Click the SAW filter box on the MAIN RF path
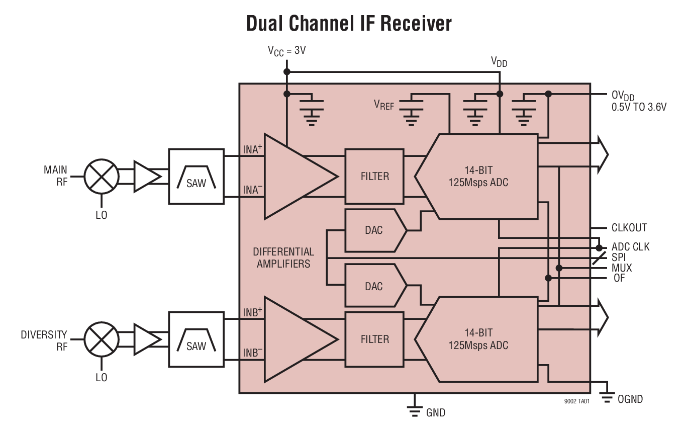[x=196, y=177]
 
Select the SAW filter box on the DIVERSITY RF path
[x=196, y=339]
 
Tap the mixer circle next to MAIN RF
[x=102, y=177]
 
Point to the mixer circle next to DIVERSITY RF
[x=102, y=339]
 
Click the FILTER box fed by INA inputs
[x=374, y=176]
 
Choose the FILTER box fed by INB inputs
[x=374, y=339]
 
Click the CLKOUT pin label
[x=629, y=228]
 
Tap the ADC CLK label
[x=630, y=247]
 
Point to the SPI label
[x=619, y=257]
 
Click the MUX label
[x=622, y=268]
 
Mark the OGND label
[x=630, y=399]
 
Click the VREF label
[x=384, y=105]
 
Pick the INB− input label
[x=253, y=353]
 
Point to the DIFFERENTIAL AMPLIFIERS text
[x=283, y=257]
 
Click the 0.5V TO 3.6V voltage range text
[x=639, y=107]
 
